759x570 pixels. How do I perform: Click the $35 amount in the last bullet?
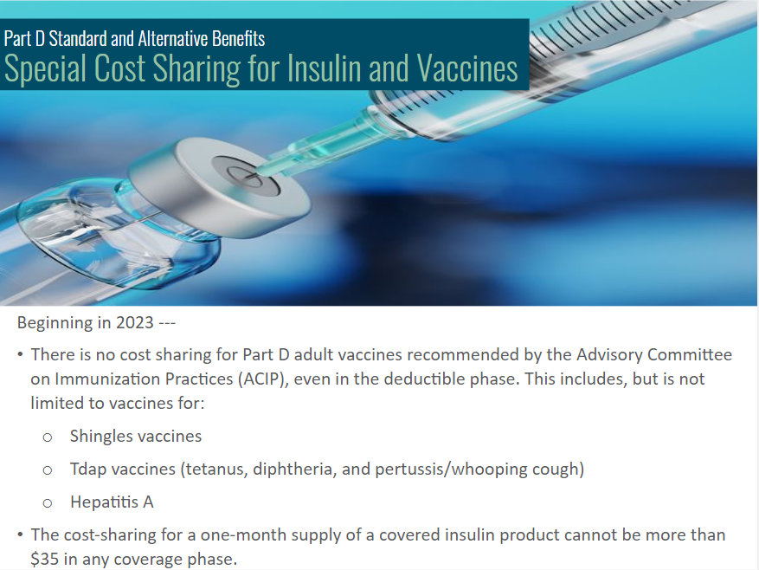[44, 559]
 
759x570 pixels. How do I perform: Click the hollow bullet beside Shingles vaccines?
[48, 437]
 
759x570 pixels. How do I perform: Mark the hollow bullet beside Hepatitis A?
[48, 503]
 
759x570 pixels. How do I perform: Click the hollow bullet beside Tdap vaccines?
[48, 470]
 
